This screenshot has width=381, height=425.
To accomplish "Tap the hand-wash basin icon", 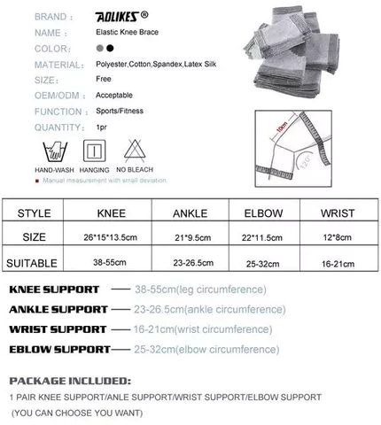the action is pyautogui.click(x=50, y=147).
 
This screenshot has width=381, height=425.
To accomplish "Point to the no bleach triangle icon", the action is pyautogui.click(x=131, y=146).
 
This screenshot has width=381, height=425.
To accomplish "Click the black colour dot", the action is pyautogui.click(x=110, y=48).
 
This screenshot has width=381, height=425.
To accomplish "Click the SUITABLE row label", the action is pyautogui.click(x=32, y=263).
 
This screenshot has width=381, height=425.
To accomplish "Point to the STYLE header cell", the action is pyautogui.click(x=34, y=212).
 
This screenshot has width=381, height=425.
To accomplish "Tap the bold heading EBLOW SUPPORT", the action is pyautogui.click(x=59, y=349).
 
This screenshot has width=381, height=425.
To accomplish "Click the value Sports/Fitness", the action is pyautogui.click(x=119, y=112).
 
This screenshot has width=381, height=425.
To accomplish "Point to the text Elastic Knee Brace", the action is pyautogui.click(x=126, y=32).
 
